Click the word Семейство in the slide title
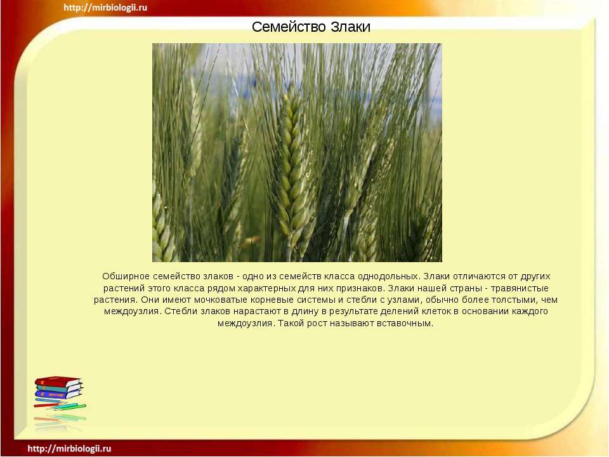click(x=289, y=27)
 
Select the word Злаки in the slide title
click(x=351, y=27)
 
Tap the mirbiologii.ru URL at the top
click(x=105, y=8)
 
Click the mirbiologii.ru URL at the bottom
click(x=69, y=449)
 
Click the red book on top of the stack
click(x=58, y=381)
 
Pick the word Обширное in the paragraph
click(x=126, y=276)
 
